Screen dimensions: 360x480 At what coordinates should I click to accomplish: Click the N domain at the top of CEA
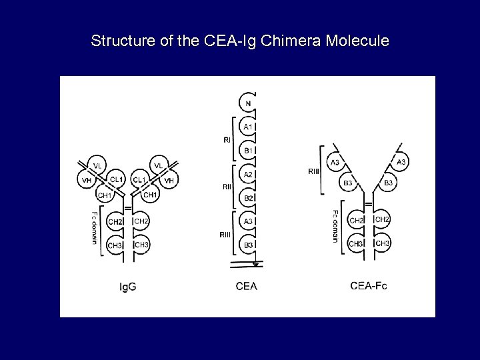(x=247, y=103)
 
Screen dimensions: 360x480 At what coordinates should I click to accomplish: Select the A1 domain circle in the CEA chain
(x=247, y=126)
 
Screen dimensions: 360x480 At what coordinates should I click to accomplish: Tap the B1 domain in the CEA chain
(x=247, y=151)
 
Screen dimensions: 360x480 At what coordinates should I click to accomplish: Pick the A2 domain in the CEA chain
(x=247, y=175)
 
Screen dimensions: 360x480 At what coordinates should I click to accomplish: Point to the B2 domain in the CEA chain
(x=247, y=198)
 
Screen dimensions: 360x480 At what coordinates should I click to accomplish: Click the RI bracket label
(x=227, y=140)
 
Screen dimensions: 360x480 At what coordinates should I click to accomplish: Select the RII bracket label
(x=227, y=187)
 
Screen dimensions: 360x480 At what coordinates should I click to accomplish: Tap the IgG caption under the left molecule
(x=127, y=287)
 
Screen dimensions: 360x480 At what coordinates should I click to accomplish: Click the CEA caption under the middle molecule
(x=246, y=287)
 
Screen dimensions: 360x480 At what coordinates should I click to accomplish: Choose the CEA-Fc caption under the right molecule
(x=368, y=286)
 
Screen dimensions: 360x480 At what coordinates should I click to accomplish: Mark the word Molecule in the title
(x=358, y=41)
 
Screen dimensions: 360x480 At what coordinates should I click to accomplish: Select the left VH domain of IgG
(x=87, y=180)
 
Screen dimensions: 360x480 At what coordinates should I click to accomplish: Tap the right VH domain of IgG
(x=169, y=180)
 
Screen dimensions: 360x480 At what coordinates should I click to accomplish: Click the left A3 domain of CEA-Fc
(x=335, y=162)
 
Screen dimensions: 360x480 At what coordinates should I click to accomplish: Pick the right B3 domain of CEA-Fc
(x=389, y=182)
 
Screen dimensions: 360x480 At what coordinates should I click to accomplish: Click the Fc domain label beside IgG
(x=95, y=228)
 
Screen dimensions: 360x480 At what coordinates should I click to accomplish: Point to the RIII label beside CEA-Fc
(x=313, y=171)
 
